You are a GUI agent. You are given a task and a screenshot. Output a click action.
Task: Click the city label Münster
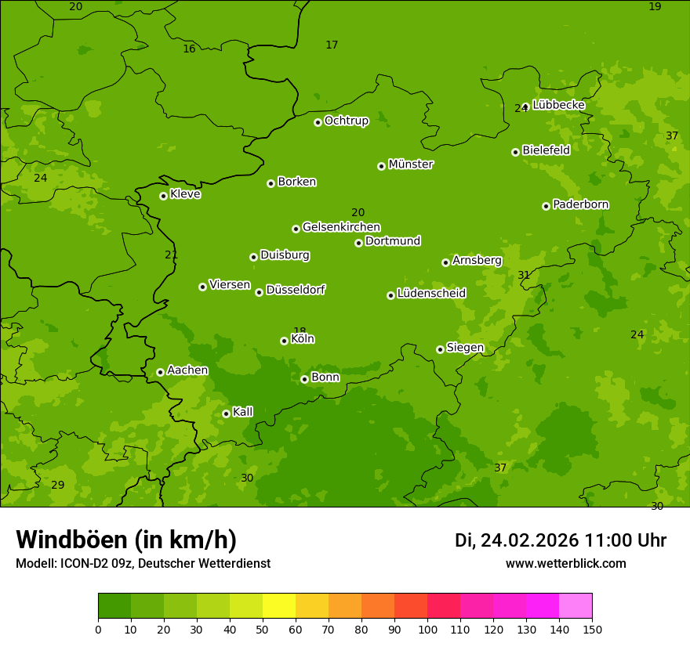click(x=410, y=164)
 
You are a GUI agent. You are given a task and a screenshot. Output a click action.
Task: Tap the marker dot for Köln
click(x=284, y=341)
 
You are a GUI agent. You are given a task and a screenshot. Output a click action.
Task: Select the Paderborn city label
click(x=580, y=204)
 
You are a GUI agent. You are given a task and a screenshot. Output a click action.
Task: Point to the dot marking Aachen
click(x=160, y=372)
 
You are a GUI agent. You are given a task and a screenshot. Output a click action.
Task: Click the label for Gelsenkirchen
click(x=341, y=227)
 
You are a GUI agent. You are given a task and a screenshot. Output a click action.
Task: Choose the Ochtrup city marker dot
click(x=318, y=122)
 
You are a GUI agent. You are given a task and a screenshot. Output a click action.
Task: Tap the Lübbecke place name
click(x=558, y=105)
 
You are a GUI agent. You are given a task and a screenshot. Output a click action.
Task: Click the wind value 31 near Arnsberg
click(x=524, y=275)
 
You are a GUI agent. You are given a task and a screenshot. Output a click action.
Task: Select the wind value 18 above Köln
click(x=300, y=331)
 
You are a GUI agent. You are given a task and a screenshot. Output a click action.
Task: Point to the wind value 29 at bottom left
click(x=58, y=485)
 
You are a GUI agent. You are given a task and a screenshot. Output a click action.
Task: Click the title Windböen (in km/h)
click(x=126, y=540)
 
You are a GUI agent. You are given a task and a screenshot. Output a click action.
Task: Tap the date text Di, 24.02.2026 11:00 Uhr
click(x=561, y=540)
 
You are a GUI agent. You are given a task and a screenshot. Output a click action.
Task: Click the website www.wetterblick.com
click(x=565, y=563)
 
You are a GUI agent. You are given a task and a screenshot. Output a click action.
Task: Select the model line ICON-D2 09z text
click(x=143, y=563)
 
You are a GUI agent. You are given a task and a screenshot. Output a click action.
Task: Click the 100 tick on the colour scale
click(x=427, y=630)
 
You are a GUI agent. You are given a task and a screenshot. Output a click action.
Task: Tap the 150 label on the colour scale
click(x=592, y=630)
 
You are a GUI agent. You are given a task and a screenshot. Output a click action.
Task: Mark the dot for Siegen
click(x=440, y=349)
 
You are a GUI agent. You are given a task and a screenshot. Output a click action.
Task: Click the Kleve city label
click(x=185, y=194)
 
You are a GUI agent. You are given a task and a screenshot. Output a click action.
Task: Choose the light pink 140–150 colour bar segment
click(x=576, y=606)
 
